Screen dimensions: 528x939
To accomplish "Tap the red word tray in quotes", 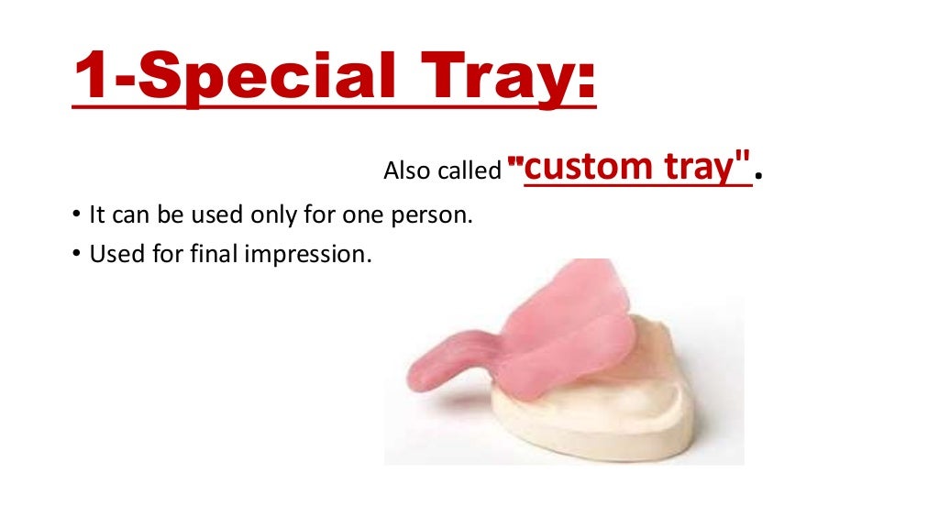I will click(704, 166).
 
